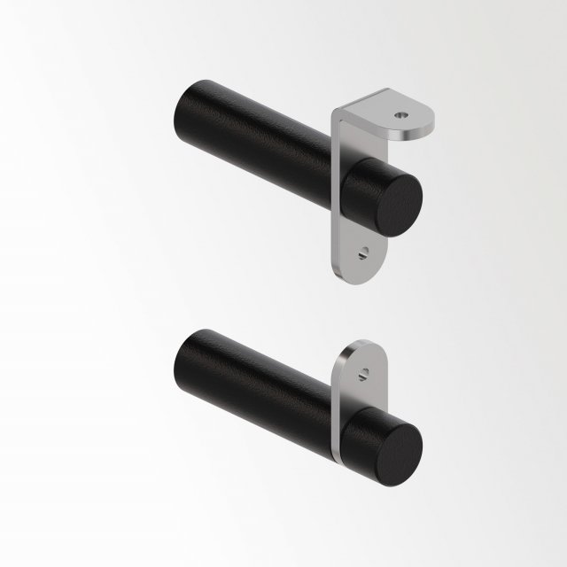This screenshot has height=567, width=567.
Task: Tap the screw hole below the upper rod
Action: [x=361, y=252]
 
